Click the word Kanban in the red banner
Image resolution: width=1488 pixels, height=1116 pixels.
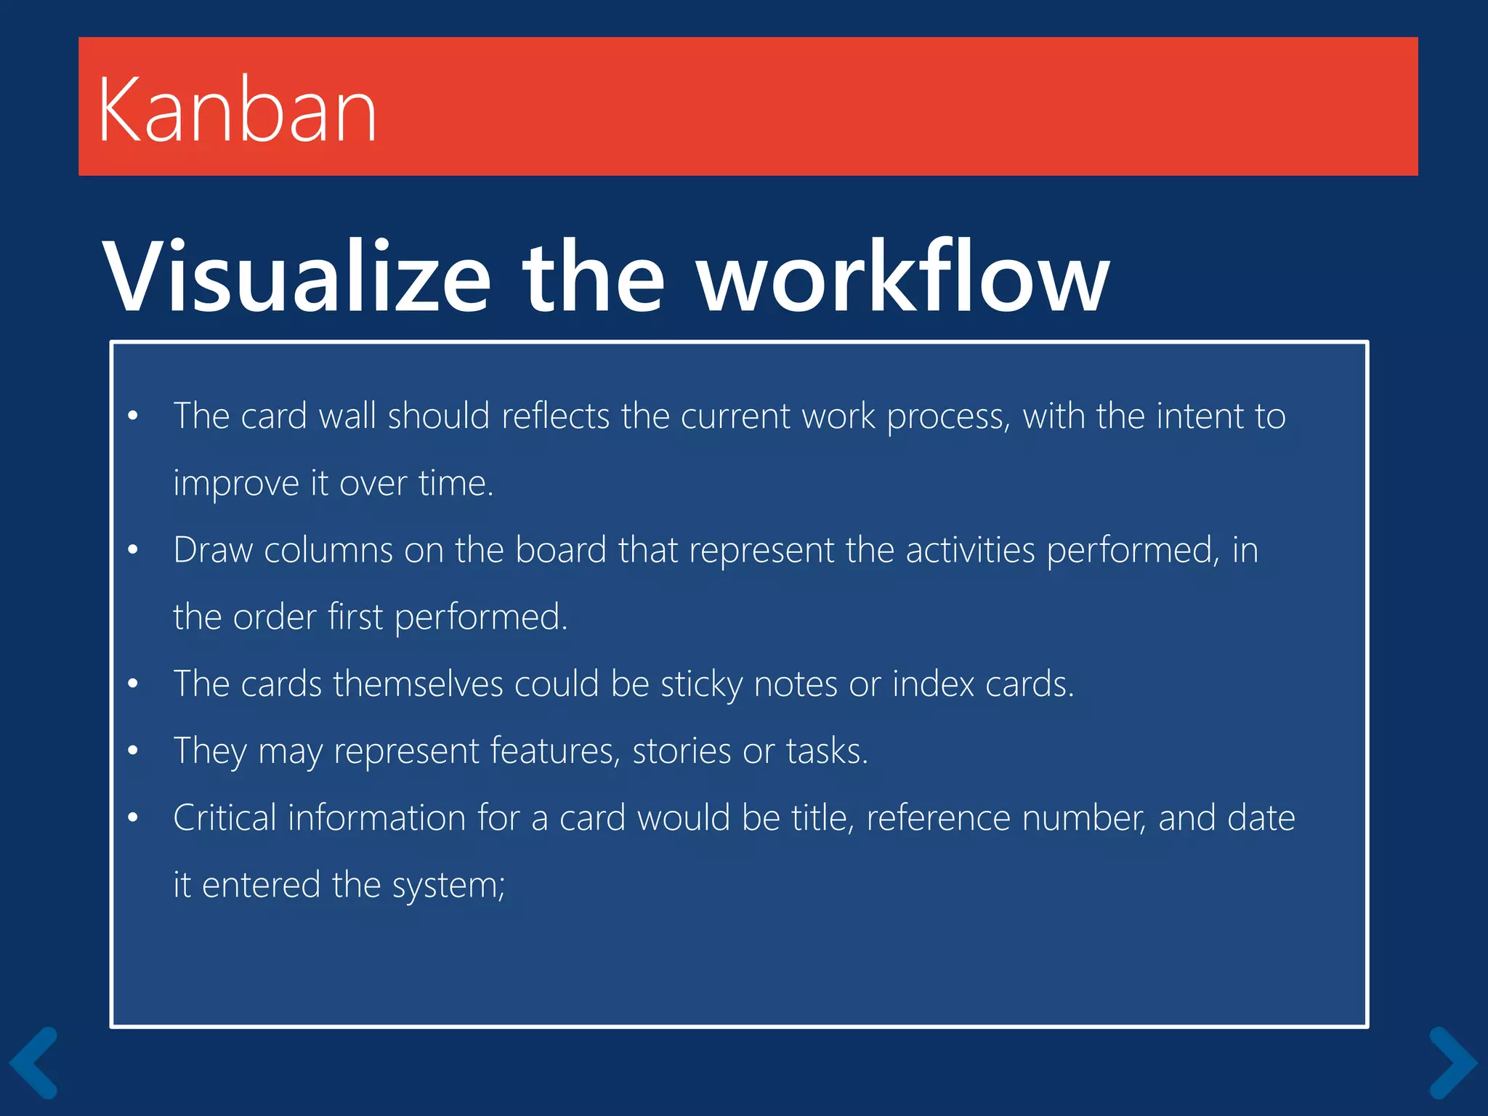[x=237, y=110]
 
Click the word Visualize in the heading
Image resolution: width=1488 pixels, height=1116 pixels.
[x=296, y=278]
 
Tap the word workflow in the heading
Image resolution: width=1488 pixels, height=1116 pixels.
[x=903, y=278]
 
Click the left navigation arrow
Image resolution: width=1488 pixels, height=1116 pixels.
[x=33, y=1062]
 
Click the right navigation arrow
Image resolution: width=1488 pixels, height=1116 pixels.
[x=1452, y=1062]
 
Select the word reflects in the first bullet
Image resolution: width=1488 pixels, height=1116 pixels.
[x=555, y=416]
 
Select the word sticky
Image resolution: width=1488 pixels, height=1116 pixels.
[x=701, y=685]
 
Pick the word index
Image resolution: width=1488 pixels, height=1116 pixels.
[x=933, y=684]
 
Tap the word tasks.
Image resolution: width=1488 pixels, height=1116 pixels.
[x=827, y=751]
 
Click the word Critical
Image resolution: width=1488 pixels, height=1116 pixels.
[x=225, y=818]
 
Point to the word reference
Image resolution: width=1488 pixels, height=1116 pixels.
[x=938, y=818]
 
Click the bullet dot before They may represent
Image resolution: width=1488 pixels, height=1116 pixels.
[x=132, y=751]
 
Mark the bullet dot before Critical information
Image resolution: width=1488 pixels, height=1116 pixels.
[x=132, y=817]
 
